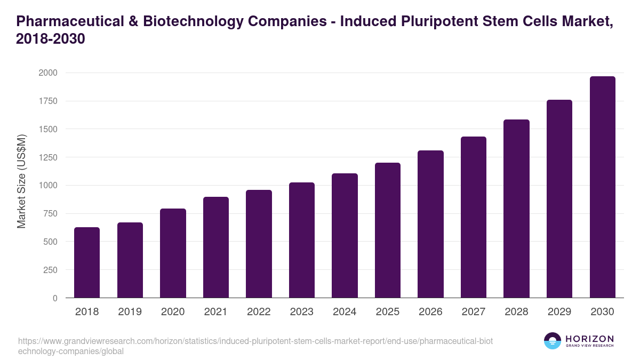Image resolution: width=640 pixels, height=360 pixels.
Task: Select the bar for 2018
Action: coord(87,262)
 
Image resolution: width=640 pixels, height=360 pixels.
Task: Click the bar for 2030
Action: coord(603,187)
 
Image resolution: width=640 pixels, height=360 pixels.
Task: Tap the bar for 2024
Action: coord(345,236)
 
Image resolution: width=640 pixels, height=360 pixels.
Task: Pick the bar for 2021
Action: coord(216,247)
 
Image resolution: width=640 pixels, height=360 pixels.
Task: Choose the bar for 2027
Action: coord(474,217)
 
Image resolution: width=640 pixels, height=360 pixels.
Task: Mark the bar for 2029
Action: coord(559,199)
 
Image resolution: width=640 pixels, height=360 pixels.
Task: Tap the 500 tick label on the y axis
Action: coord(50,242)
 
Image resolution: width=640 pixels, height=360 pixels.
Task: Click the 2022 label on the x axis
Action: coord(259,312)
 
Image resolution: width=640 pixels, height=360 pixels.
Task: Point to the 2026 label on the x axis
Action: coord(430,312)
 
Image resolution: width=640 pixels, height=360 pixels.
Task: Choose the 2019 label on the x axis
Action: coord(130,312)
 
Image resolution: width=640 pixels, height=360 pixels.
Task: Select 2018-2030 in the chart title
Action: coord(51,39)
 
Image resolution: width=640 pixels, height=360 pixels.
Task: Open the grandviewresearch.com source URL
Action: coord(256,346)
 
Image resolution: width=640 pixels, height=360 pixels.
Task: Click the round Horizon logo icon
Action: coord(553,341)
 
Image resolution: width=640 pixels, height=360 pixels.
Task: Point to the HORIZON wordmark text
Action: coord(589,339)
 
